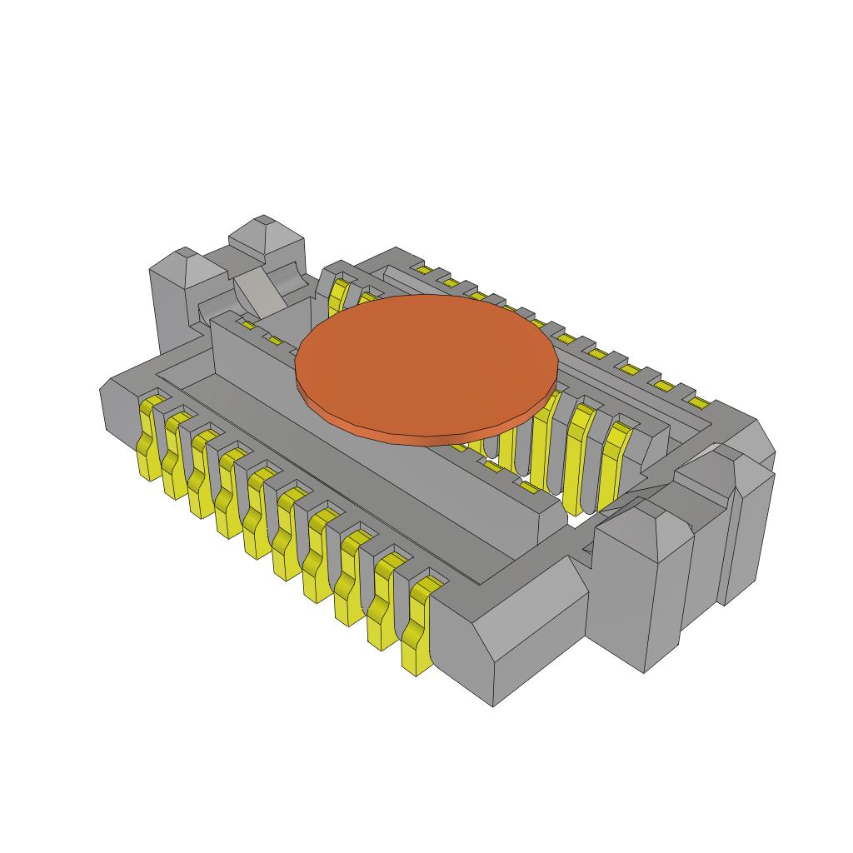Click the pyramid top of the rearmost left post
(266, 232)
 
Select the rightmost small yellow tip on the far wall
(698, 403)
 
